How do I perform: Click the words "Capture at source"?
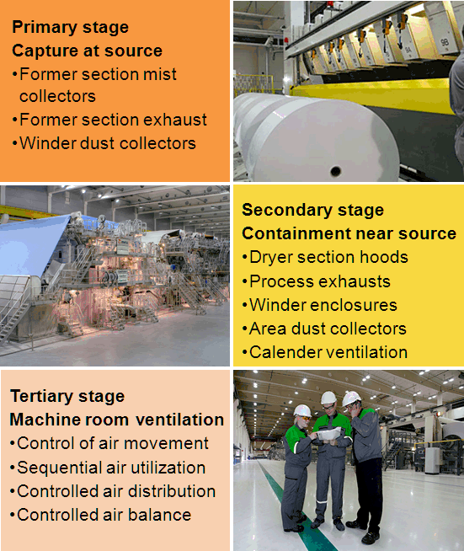point(87,51)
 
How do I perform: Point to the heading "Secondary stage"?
point(312,210)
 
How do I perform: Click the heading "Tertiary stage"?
point(67,396)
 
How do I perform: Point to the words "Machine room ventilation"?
point(116,420)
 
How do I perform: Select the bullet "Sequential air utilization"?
point(111,467)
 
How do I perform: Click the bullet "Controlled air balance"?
point(104,514)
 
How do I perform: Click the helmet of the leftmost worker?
point(302,410)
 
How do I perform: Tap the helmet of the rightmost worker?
point(352,397)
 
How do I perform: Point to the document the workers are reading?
point(331,432)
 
